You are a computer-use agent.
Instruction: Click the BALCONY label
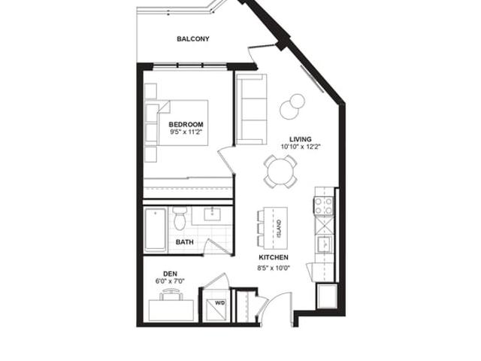(x=193, y=39)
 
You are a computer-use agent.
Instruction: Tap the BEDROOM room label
(x=186, y=124)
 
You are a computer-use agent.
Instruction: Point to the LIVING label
(x=301, y=139)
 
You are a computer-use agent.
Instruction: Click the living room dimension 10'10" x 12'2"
(x=301, y=147)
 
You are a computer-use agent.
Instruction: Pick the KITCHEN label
(x=274, y=257)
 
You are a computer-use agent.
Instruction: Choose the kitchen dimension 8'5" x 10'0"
(x=274, y=268)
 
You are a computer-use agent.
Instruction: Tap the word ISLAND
(x=279, y=229)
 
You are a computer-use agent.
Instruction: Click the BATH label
(x=185, y=242)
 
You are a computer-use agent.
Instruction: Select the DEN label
(x=170, y=274)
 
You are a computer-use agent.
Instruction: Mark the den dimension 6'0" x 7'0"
(x=170, y=281)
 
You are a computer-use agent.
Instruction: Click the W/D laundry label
(x=220, y=303)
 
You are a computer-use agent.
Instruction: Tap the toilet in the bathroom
(x=179, y=219)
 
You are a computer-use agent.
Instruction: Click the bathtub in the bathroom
(x=156, y=229)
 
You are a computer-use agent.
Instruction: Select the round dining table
(x=280, y=171)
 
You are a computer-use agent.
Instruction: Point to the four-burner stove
(x=324, y=206)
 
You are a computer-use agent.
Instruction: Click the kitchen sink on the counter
(x=324, y=244)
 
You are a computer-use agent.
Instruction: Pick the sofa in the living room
(x=251, y=109)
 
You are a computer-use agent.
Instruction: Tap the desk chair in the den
(x=171, y=294)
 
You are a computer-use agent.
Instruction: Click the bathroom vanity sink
(x=212, y=214)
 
